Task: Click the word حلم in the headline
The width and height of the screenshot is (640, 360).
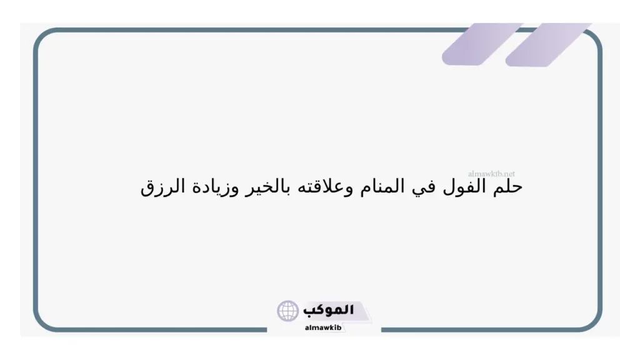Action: coord(509,187)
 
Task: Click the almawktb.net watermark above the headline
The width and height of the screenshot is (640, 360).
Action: coord(491,174)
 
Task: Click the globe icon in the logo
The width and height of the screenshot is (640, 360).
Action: coord(288,311)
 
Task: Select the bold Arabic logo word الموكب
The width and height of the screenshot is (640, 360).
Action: coord(329,310)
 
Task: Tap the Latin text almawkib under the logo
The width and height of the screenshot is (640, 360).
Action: coord(323,328)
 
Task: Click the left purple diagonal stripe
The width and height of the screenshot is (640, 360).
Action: coord(473,44)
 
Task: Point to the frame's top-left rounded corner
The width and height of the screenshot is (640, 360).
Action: coord(45,39)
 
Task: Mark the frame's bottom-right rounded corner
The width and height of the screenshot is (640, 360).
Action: coord(591,320)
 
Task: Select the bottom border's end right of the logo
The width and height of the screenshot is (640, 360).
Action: coord(382,329)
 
